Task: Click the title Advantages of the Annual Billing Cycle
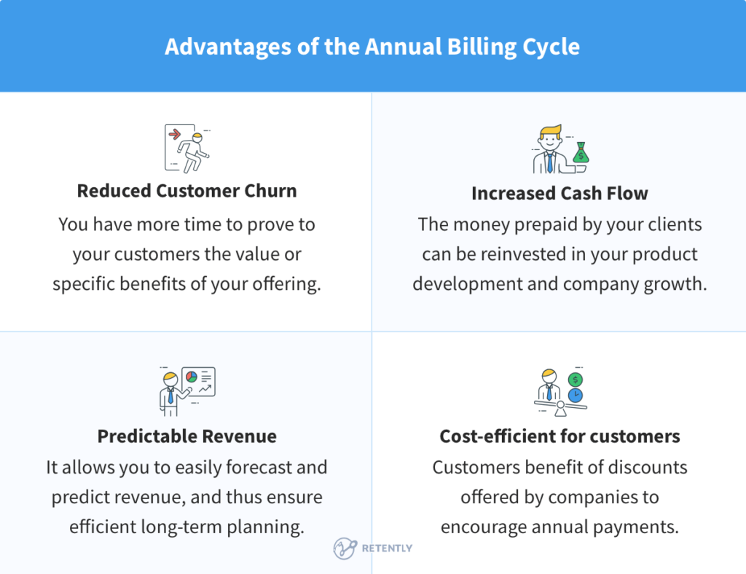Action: pyautogui.click(x=372, y=47)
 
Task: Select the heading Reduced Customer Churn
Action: pyautogui.click(x=186, y=191)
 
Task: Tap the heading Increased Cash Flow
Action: pyautogui.click(x=559, y=193)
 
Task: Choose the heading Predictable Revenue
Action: pyautogui.click(x=186, y=436)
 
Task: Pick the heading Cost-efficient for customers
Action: pyautogui.click(x=559, y=436)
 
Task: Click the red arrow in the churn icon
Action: pyautogui.click(x=174, y=134)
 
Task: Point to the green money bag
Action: pyautogui.click(x=581, y=154)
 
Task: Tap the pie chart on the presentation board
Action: pyautogui.click(x=192, y=377)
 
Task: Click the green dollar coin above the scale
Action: pyautogui.click(x=576, y=379)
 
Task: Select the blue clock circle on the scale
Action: pyautogui.click(x=576, y=394)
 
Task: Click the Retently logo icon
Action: pyautogui.click(x=344, y=549)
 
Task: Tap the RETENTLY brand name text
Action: pyautogui.click(x=387, y=549)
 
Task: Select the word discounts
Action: pyautogui.click(x=646, y=467)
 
